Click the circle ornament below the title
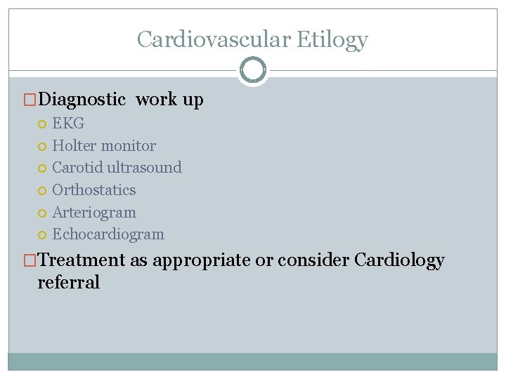point(253,70)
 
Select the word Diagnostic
point(82,100)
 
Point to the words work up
point(169,100)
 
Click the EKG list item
point(68,124)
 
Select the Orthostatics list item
point(94,190)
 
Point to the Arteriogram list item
point(94,213)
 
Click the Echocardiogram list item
point(108,234)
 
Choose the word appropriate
point(201,260)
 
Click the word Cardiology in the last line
point(399,260)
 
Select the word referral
point(69,282)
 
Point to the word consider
point(313,260)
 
